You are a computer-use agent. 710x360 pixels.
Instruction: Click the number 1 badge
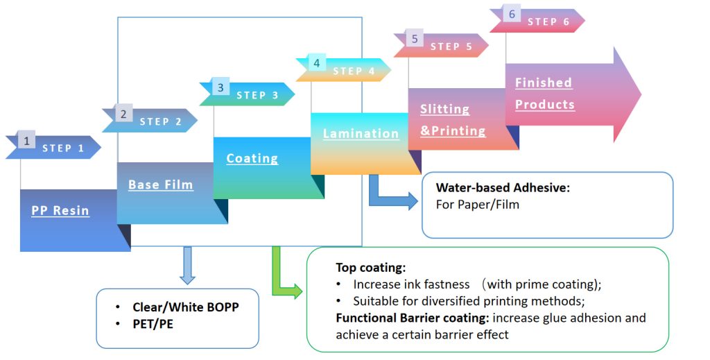click(x=26, y=141)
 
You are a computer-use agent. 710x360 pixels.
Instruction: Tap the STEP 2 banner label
click(x=160, y=121)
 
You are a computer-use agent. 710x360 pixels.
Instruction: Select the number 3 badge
click(x=220, y=87)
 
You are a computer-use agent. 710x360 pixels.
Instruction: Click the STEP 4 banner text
click(x=354, y=71)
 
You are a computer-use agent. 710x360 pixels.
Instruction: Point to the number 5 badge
click(x=415, y=39)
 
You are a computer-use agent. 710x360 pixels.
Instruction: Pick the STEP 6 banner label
click(x=548, y=22)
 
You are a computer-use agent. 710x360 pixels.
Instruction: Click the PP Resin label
click(x=60, y=210)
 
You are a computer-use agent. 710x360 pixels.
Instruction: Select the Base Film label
click(x=161, y=185)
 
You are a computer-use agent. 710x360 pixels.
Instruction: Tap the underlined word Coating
click(x=252, y=158)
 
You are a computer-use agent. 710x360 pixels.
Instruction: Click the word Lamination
click(x=361, y=133)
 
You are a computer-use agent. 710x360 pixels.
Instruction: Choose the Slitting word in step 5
click(x=444, y=109)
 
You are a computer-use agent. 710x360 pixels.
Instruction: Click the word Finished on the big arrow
click(x=544, y=83)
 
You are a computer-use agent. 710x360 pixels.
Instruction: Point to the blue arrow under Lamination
click(x=391, y=196)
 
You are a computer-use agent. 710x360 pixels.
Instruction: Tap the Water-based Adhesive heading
click(x=503, y=187)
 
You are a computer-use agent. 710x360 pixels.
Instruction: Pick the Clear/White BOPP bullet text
click(x=186, y=307)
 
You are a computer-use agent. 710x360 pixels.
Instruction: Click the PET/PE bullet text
click(x=153, y=323)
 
